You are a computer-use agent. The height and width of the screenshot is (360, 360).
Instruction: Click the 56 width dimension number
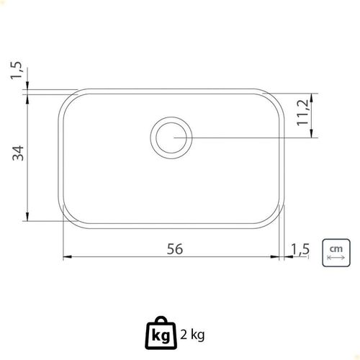click(175, 249)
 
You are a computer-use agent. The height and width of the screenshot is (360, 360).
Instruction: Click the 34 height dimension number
click(18, 153)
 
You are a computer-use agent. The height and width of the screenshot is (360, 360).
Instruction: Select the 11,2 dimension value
click(302, 112)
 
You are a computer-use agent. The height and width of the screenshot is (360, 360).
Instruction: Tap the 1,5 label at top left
click(17, 71)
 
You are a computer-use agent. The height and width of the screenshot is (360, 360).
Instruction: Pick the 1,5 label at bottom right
click(300, 249)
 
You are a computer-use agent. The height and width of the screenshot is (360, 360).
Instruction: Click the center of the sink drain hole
click(171, 138)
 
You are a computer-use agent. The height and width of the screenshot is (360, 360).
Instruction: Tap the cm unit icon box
click(336, 253)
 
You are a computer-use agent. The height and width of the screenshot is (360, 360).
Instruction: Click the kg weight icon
click(161, 333)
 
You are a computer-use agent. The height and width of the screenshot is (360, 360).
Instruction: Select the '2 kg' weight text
click(192, 335)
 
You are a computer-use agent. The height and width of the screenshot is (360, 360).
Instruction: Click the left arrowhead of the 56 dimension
click(67, 257)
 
